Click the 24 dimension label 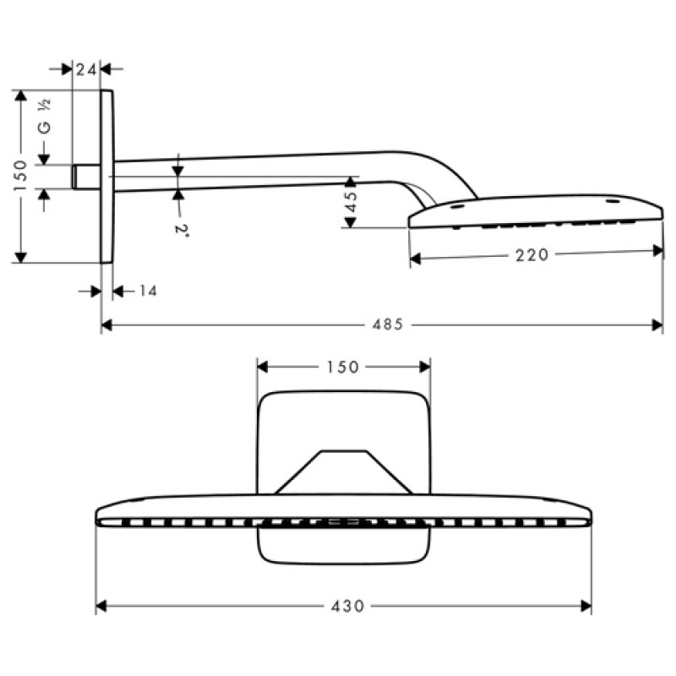(86, 69)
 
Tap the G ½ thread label (45, 116)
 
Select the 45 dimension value (352, 201)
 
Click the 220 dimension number (532, 255)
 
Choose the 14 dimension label (148, 291)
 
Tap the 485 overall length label (388, 324)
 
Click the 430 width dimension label (347, 606)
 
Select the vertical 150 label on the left (20, 176)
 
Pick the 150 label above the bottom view (343, 367)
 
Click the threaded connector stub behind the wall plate (86, 177)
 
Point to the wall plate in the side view (107, 177)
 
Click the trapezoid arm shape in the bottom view (344, 472)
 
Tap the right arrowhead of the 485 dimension (657, 324)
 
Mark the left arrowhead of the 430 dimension (101, 606)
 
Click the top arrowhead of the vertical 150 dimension (20, 95)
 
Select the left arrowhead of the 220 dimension (415, 259)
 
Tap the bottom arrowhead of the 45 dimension (351, 222)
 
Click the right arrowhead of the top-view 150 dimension (425, 367)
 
